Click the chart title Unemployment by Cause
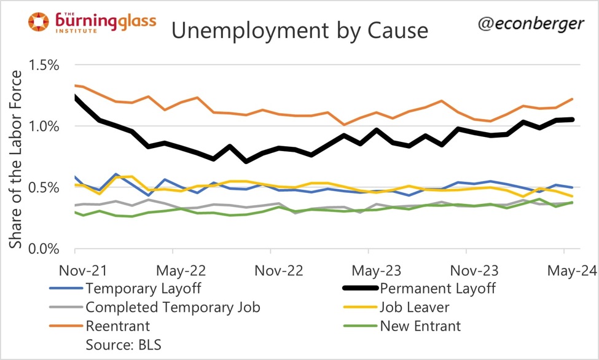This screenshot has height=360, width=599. coord(299,30)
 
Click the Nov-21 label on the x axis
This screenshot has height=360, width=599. coord(74,270)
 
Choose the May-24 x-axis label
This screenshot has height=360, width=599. coord(563,270)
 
